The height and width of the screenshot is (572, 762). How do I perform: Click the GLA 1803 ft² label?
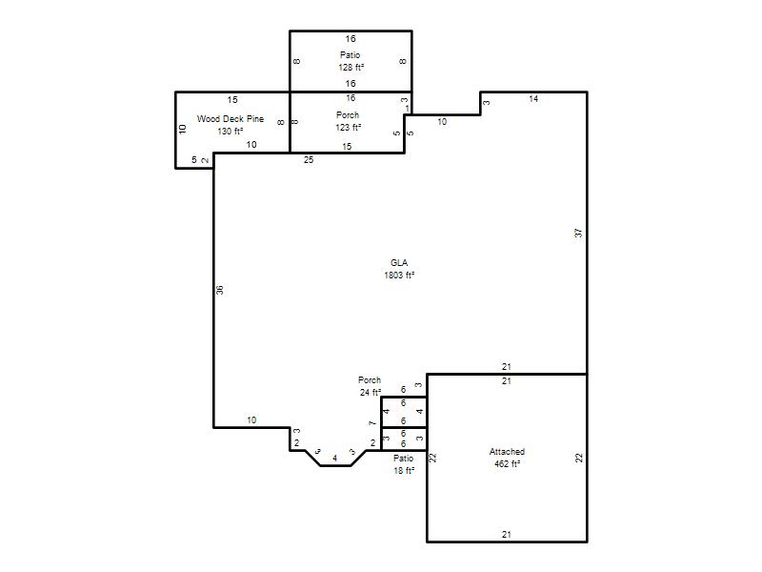coord(399,269)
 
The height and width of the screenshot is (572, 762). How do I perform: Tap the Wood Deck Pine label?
coord(231,118)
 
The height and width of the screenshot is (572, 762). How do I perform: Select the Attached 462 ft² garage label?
coord(507,458)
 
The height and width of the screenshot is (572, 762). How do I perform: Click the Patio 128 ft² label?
coord(351,61)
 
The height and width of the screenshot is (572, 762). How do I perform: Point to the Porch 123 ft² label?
coord(348,121)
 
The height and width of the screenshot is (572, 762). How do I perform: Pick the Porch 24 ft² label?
coord(370,386)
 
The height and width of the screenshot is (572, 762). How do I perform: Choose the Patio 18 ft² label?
coord(403,464)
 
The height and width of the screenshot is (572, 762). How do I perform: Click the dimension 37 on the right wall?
coord(578,233)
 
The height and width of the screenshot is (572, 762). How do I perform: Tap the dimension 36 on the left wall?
coord(220,290)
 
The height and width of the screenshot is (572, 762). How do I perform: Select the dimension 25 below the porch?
coord(309,159)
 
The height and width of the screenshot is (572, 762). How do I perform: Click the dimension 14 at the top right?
coord(533,99)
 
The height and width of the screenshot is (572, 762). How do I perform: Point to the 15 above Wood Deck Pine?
coord(232,100)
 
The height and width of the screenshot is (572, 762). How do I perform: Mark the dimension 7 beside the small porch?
coord(372,423)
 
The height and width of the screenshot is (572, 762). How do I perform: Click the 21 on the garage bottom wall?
coord(507,534)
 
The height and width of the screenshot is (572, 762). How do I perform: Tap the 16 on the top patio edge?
coord(351,39)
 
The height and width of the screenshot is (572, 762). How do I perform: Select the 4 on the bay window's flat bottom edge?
coord(335,459)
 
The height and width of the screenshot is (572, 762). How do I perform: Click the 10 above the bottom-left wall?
coord(251,419)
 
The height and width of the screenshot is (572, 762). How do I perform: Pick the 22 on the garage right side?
coord(579,458)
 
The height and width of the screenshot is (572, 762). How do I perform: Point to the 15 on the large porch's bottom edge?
coord(347,147)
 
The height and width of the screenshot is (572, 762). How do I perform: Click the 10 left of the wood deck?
coord(182,130)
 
